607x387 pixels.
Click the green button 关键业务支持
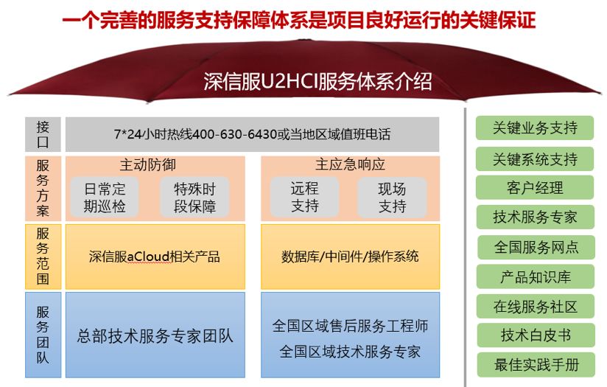tap(535, 128)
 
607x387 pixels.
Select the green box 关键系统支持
tap(535, 158)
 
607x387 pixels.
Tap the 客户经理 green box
tap(535, 187)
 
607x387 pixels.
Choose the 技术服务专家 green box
tap(535, 217)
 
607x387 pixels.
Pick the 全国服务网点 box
tap(536, 247)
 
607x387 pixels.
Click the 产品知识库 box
tap(536, 276)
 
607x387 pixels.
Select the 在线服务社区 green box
tap(536, 307)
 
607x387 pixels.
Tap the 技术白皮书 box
tap(536, 335)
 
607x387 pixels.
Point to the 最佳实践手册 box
tap(536, 365)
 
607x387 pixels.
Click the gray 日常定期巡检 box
tap(105, 197)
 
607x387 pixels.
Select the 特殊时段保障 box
tap(194, 197)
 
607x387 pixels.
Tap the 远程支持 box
tap(305, 197)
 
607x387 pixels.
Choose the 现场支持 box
tap(392, 197)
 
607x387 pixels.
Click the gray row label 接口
tap(43, 134)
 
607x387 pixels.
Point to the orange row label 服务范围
tap(43, 257)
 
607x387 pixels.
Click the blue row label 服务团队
tap(43, 335)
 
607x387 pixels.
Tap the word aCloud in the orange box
tap(148, 257)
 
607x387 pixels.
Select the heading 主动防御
tap(148, 165)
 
